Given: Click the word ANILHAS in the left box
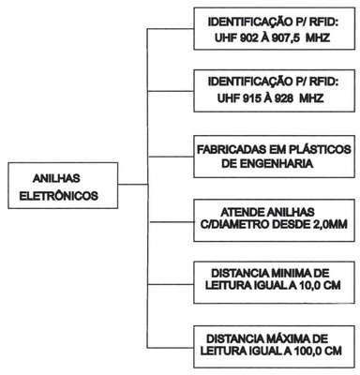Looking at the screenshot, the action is (56, 178).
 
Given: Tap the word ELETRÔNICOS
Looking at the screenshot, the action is (59, 196).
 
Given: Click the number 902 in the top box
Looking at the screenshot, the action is (249, 38).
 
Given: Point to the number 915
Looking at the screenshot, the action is (251, 98).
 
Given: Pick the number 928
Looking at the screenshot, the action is (284, 98).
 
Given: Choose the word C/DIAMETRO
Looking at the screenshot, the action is (235, 224).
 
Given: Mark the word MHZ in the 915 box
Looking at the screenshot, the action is (311, 98).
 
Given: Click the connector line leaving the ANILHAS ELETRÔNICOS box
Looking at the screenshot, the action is (133, 185).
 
